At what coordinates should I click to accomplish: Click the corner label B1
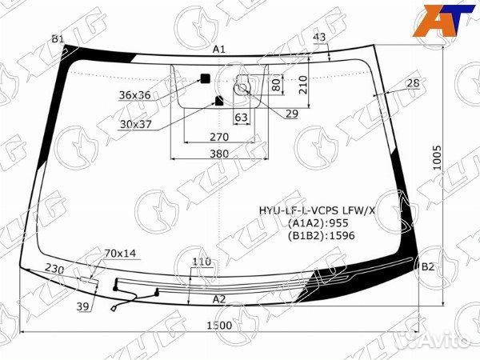click(x=58, y=39)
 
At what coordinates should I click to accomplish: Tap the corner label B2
click(x=428, y=267)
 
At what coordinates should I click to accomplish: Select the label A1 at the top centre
click(x=219, y=50)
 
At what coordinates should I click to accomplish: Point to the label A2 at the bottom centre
click(x=219, y=299)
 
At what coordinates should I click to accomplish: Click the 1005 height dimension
click(x=437, y=158)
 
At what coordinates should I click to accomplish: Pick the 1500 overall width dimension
click(x=219, y=326)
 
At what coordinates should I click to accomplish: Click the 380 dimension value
click(x=219, y=154)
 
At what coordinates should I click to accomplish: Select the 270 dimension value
click(x=219, y=137)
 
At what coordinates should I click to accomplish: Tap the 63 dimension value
click(x=241, y=118)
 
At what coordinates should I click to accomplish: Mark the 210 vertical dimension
click(x=302, y=85)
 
